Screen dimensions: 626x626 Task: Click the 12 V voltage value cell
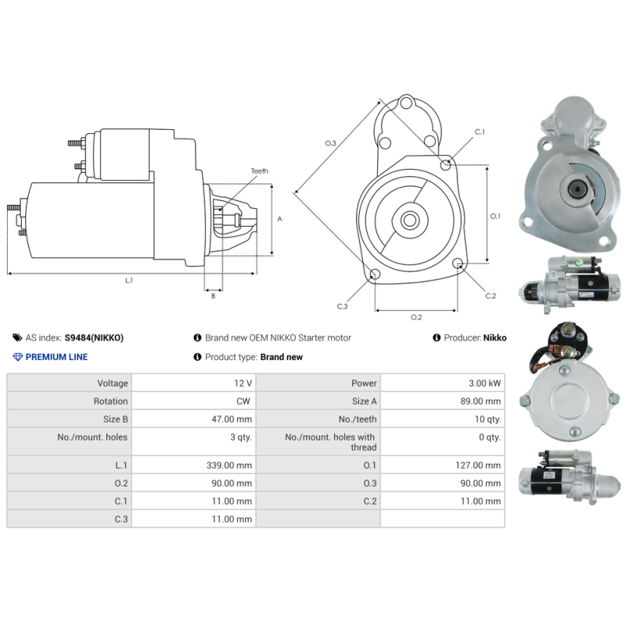click(243, 383)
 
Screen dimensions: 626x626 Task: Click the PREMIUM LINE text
click(56, 357)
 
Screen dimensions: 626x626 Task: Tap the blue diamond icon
click(18, 357)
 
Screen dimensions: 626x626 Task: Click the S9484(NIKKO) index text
click(94, 338)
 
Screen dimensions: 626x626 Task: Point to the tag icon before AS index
click(18, 338)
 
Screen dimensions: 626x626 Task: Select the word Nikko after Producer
click(495, 338)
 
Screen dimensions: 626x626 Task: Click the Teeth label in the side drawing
click(259, 171)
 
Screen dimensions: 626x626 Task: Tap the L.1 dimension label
click(129, 280)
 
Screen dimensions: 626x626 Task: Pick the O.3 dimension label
click(330, 143)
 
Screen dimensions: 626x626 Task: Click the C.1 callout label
click(480, 131)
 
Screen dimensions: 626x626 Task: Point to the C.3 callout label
click(342, 306)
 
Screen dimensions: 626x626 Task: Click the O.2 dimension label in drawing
click(416, 317)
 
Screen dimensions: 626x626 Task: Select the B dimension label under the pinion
click(213, 295)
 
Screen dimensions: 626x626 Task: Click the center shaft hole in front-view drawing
click(409, 220)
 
